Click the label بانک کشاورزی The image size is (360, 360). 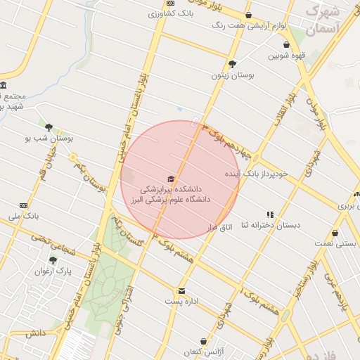(176, 13)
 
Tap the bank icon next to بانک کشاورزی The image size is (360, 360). (153, 13)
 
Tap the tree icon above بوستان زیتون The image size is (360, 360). (233, 64)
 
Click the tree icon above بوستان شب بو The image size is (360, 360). (49, 128)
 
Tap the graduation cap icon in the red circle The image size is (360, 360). (170, 179)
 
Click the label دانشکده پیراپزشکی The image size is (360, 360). (170, 189)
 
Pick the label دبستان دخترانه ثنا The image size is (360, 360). (271, 225)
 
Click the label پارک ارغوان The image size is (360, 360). (54, 270)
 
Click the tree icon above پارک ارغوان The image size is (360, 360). (53, 259)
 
